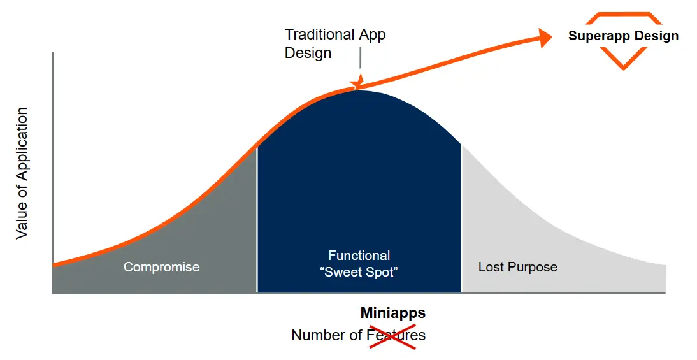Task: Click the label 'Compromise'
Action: (x=161, y=267)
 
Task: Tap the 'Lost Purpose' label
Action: (x=517, y=267)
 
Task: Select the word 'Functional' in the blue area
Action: (x=359, y=256)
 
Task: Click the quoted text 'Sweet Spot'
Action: (x=359, y=273)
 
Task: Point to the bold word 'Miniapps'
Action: (x=392, y=313)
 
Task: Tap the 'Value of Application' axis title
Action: (x=22, y=173)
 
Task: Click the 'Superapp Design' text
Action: (x=623, y=36)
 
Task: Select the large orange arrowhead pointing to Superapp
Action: (x=545, y=38)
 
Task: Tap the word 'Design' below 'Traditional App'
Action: (x=308, y=53)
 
